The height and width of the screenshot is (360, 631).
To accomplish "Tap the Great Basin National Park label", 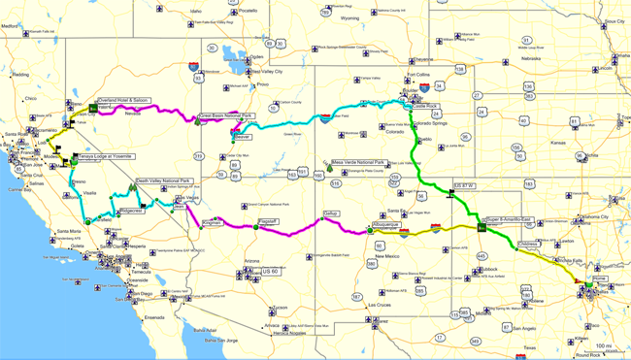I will pyautogui.click(x=225, y=115).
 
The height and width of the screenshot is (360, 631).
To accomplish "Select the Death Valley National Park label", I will pyautogui.click(x=162, y=180).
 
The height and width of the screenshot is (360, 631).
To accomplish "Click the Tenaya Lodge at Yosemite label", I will pyautogui.click(x=100, y=155).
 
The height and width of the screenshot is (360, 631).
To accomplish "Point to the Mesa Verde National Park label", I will pyautogui.click(x=358, y=162).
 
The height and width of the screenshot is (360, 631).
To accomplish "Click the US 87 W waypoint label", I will pyautogui.click(x=466, y=184).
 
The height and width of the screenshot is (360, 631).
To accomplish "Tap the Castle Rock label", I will pyautogui.click(x=425, y=106).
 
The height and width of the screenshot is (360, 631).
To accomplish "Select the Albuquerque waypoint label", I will pyautogui.click(x=386, y=225).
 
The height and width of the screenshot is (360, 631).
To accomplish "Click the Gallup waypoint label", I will pyautogui.click(x=331, y=213).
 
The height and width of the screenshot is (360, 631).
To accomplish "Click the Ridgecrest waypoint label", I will pyautogui.click(x=130, y=210).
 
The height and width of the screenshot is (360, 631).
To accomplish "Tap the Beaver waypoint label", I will pyautogui.click(x=243, y=138).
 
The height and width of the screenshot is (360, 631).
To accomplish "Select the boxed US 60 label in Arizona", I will pyautogui.click(x=271, y=272).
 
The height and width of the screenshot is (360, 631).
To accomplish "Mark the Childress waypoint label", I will pyautogui.click(x=528, y=245).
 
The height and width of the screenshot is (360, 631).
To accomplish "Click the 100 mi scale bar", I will pyautogui.click(x=602, y=347).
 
